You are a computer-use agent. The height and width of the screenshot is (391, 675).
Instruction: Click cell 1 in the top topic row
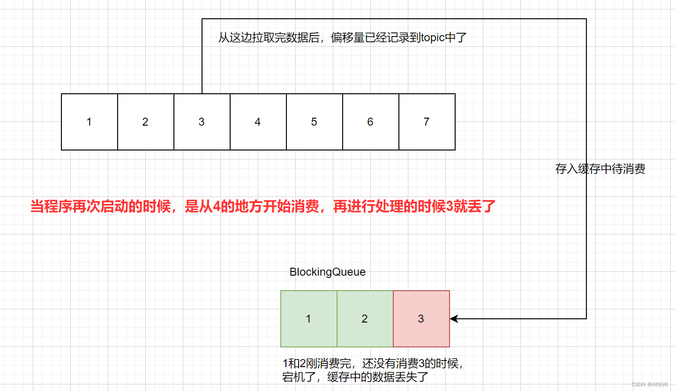[x=89, y=122]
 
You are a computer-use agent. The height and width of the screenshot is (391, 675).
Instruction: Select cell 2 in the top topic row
[x=145, y=122]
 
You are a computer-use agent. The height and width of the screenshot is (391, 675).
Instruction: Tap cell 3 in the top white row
[x=202, y=122]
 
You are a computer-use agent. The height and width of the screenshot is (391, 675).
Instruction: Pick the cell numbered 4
[x=258, y=122]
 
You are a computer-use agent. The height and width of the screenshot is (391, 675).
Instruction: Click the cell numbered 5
[x=314, y=122]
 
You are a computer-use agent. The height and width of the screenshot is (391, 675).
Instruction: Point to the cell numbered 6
[x=370, y=122]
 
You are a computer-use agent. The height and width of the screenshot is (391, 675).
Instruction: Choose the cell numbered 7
[x=427, y=122]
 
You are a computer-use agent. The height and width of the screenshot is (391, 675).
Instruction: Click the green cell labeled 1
[x=308, y=319]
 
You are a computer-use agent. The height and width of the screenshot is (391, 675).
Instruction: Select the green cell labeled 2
[x=365, y=319]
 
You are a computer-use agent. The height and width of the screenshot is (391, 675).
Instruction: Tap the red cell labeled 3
[x=421, y=319]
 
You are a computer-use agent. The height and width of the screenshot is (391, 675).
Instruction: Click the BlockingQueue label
[x=327, y=272]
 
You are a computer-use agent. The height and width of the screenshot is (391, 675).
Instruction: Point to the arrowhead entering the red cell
[x=453, y=319]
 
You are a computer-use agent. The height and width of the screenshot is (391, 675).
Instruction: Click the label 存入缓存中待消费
[x=600, y=169]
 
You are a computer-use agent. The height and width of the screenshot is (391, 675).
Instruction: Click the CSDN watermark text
[x=649, y=384]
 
